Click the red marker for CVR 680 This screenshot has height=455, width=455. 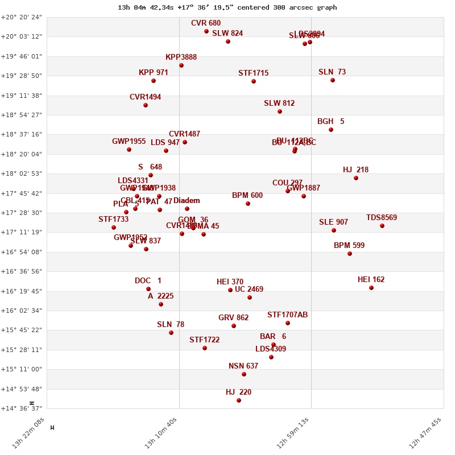click(206, 31)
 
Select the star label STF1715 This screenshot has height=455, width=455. click(254, 73)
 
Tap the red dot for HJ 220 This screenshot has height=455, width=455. click(239, 400)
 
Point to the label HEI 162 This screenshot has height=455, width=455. click(371, 280)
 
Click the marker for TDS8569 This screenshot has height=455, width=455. click(382, 226)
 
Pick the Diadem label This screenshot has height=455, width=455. click(187, 201)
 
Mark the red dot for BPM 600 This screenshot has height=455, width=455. click(248, 204)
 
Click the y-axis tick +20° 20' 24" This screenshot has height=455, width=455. click(22, 17)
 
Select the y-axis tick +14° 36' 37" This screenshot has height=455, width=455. click(22, 408)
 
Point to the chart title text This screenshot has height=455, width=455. click(227, 7)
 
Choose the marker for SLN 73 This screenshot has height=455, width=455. click(333, 80)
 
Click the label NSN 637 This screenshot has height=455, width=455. click(243, 366)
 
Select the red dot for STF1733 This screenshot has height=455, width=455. click(114, 227)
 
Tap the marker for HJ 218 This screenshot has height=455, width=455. click(356, 178)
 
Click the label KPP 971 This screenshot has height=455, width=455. click(154, 73)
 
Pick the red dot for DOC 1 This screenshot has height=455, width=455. click(148, 289)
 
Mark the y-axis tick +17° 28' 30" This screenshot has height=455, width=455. click(22, 213)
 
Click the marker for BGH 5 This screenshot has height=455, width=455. click(331, 130)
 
